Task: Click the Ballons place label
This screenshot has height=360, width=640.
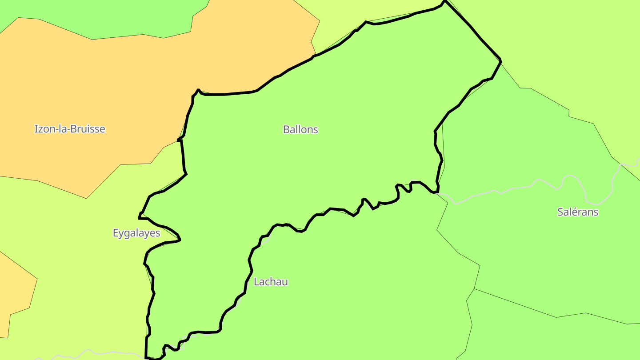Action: point(300,129)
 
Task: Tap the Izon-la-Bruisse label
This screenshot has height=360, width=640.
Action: point(70,129)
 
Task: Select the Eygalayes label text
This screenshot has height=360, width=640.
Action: point(136,233)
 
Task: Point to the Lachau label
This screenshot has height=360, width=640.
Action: point(271,281)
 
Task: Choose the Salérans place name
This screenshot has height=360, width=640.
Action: point(577,212)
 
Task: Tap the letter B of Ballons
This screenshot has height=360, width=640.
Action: point(286,129)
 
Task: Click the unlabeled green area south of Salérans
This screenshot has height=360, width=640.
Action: point(556,338)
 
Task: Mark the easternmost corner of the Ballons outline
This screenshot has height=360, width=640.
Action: point(501,60)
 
